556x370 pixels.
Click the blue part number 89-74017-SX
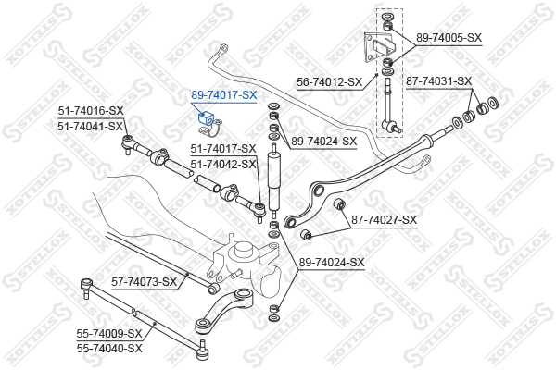(223, 95)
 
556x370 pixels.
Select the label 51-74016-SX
(91, 111)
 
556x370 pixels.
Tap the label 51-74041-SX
(91, 126)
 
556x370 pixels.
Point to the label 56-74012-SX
(330, 82)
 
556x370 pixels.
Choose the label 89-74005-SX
(449, 38)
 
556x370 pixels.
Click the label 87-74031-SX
(439, 81)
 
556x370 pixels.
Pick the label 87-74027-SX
(384, 220)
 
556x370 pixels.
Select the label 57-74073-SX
(144, 282)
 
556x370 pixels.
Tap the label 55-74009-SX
(109, 333)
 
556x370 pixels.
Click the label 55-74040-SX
(109, 349)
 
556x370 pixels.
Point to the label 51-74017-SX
(223, 149)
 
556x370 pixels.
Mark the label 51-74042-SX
(223, 164)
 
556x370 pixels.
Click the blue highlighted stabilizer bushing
(206, 118)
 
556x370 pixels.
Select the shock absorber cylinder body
(274, 181)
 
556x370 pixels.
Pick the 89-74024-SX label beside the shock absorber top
(323, 142)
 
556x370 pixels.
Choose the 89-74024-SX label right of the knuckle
(332, 263)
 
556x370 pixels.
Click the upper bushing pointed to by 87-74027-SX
(339, 203)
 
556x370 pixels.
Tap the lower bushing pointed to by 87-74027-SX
(306, 234)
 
